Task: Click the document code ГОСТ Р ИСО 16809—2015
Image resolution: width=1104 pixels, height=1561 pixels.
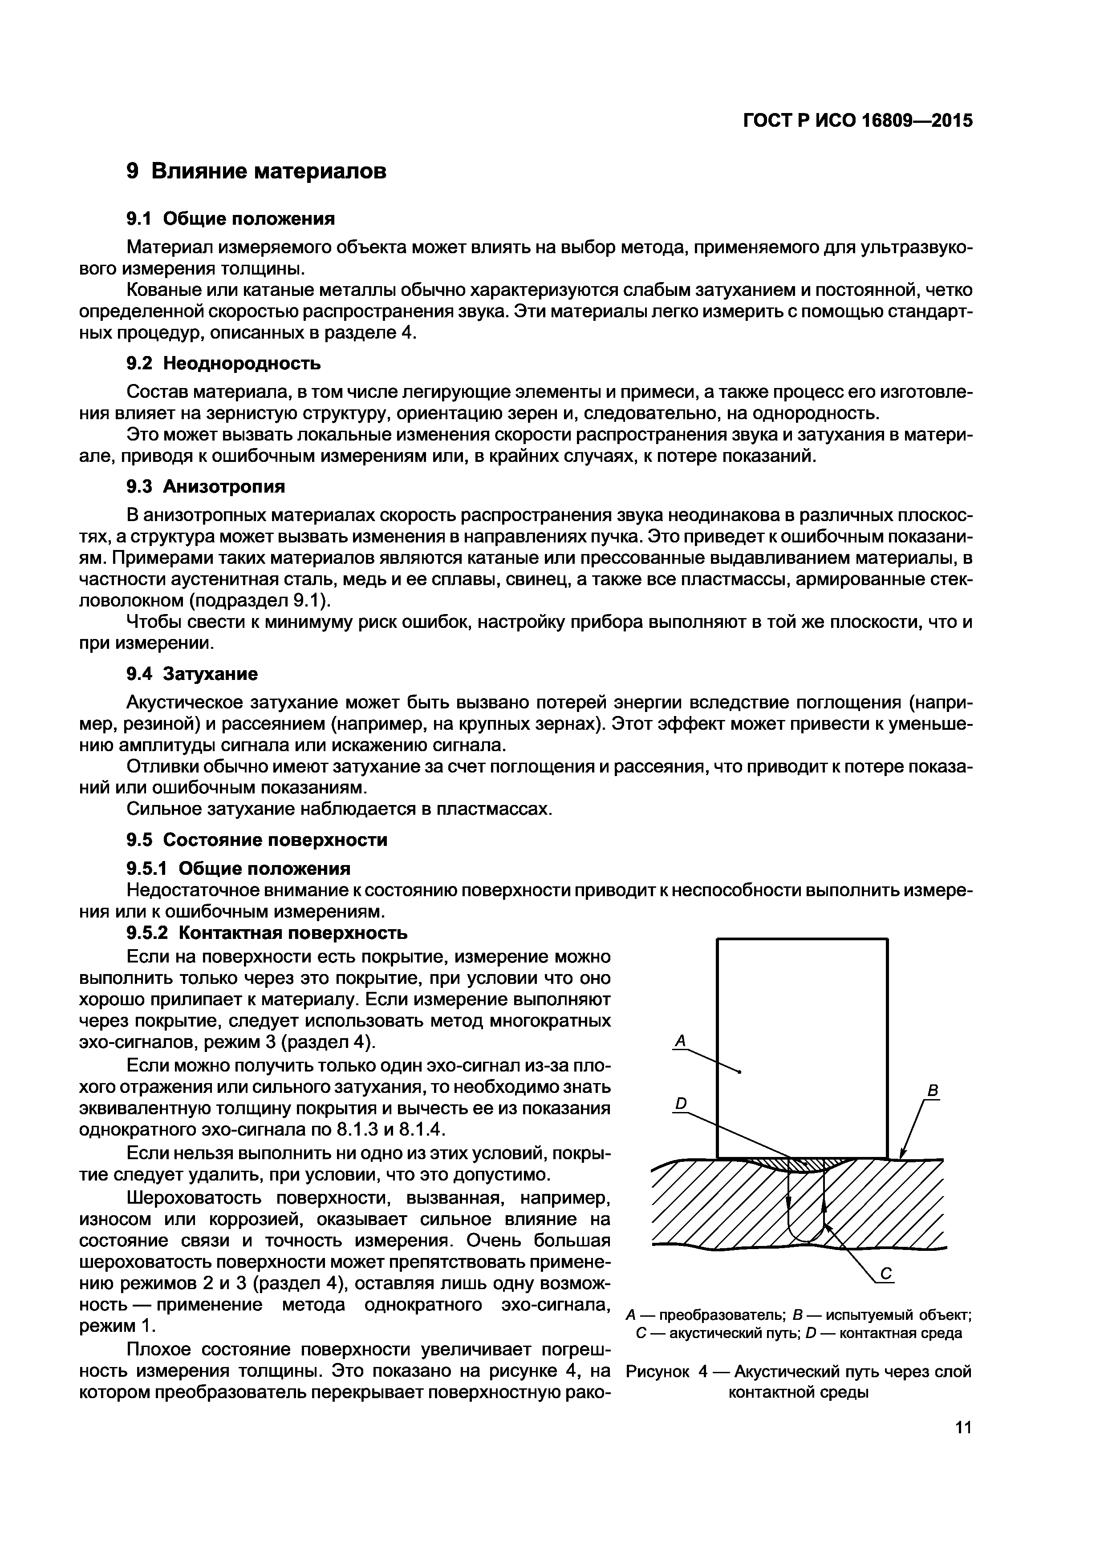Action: [x=857, y=120]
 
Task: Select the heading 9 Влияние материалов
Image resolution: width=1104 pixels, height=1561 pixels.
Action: [x=256, y=171]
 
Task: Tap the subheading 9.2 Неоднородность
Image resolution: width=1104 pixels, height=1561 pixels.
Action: [x=224, y=364]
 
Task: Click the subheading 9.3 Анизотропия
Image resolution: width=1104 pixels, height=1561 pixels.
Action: [x=206, y=487]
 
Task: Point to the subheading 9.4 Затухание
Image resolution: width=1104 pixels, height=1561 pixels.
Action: [x=192, y=674]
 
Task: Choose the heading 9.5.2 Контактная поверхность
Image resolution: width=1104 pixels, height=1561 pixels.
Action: [x=268, y=932]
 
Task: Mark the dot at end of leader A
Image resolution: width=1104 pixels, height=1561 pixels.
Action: [x=739, y=1072]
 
